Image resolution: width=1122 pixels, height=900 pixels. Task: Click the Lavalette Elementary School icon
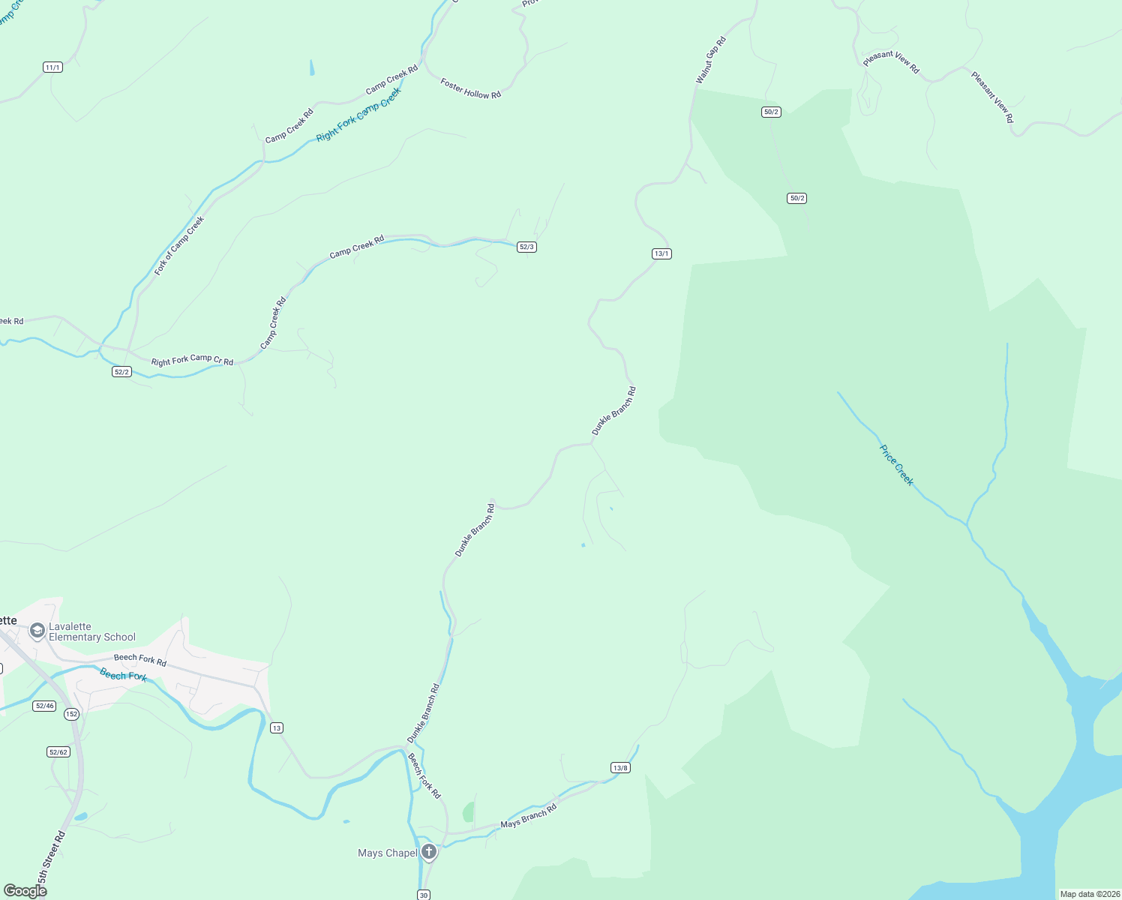pos(37,631)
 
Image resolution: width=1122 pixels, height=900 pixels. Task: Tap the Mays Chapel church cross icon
pos(429,851)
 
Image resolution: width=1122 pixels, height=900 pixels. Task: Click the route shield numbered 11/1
pos(52,67)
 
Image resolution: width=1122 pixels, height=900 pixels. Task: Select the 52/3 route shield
pos(526,247)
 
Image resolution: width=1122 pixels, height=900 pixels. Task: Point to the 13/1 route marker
pos(661,253)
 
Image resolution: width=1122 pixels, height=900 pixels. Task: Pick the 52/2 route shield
pos(121,372)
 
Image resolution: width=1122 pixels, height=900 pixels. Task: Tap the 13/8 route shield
pos(620,767)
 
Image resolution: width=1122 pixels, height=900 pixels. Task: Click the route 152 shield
pos(71,714)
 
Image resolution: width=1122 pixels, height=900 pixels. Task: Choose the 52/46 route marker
pos(44,706)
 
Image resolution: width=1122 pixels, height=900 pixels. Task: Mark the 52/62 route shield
pos(58,751)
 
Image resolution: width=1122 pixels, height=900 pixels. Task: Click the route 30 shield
pos(424,895)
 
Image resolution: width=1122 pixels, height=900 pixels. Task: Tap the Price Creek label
pos(897,465)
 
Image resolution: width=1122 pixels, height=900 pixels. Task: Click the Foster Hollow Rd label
pos(470,89)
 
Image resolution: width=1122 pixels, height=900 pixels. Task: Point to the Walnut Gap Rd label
pos(711,60)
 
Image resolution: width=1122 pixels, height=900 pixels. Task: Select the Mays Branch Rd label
pos(529,815)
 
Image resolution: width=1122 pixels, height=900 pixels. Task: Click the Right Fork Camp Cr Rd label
pos(192,360)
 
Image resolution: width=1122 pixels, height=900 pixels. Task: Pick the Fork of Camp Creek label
pos(179,246)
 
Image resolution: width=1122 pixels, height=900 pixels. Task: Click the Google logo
pos(25,891)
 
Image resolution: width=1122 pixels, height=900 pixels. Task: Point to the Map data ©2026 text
pos(1089,894)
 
